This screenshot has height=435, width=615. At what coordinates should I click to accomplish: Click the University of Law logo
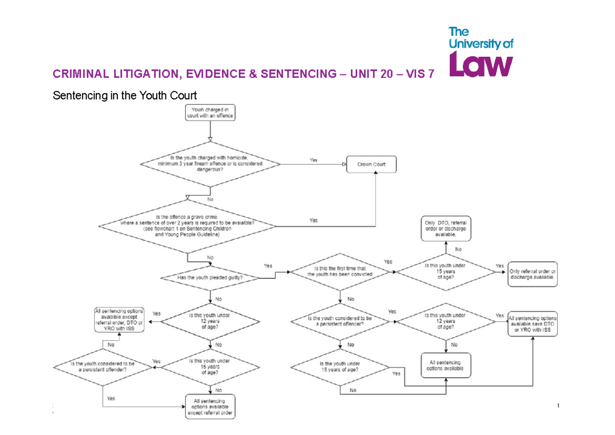(481, 52)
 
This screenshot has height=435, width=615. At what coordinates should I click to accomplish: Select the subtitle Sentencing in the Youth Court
(125, 95)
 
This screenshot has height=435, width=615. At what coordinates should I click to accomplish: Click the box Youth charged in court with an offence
(210, 113)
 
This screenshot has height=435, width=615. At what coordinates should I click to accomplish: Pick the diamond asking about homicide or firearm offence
(210, 163)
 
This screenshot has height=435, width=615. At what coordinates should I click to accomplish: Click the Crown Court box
(372, 164)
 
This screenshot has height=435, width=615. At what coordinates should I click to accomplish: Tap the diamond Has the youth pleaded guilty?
(210, 278)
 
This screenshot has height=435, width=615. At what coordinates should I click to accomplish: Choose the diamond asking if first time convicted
(340, 272)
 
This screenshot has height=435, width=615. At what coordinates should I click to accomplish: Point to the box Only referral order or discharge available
(532, 274)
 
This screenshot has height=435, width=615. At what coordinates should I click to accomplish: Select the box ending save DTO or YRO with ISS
(532, 324)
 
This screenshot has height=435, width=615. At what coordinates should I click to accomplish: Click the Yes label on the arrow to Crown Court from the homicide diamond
(313, 160)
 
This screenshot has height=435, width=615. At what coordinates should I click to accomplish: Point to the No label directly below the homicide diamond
(210, 199)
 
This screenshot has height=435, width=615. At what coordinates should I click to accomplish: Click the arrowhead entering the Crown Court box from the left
(344, 164)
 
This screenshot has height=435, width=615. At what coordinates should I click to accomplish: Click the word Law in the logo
(481, 65)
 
